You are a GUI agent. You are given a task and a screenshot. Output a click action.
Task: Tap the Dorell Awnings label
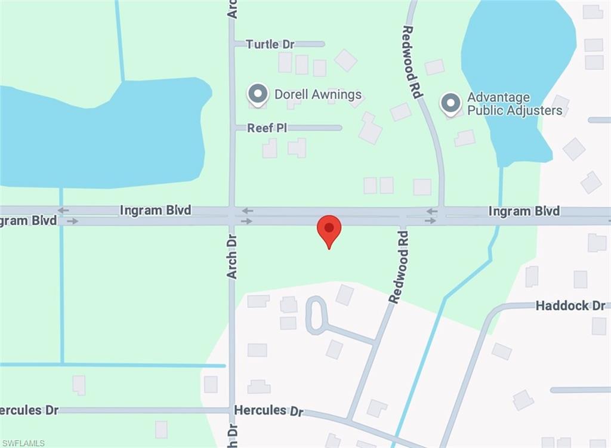tap(318, 94)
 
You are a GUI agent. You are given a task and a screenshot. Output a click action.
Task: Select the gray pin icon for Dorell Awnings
tap(258, 94)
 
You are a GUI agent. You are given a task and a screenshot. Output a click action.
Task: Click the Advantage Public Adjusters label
tap(514, 104)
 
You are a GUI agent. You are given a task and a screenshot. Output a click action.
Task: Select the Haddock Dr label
tap(570, 305)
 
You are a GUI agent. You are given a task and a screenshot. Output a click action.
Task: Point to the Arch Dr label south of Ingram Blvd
tap(232, 256)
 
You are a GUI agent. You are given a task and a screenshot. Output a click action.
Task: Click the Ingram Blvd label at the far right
tap(524, 211)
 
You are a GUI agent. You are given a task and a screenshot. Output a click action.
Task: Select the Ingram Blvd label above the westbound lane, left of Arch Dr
tap(155, 210)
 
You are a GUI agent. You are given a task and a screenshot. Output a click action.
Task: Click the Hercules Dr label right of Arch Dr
tap(269, 411)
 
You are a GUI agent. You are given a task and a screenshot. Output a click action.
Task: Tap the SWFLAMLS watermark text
tap(23, 443)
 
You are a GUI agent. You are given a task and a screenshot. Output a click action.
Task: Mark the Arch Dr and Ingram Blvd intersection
tap(232, 216)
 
